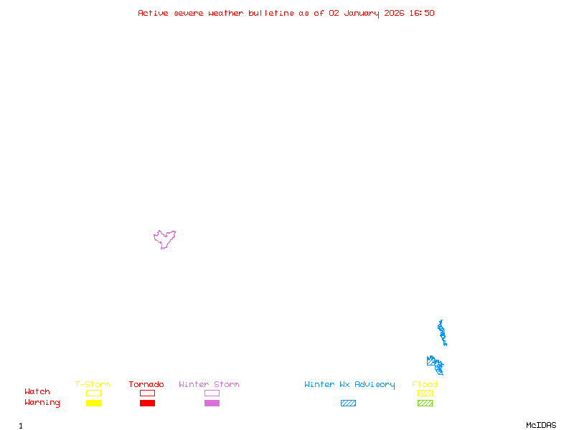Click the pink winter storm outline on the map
pos(164,239)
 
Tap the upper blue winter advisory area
pos(442,333)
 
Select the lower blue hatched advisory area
pos(435,365)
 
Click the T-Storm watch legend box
pos(93,393)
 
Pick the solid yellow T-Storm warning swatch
pos(93,403)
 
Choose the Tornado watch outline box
pos(147,393)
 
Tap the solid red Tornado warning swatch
pos(147,403)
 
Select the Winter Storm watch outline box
pos(212,393)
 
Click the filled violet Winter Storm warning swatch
pos(212,403)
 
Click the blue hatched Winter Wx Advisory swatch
pos(348,403)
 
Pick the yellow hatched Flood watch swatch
pos(425,393)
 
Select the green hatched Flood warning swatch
pos(425,403)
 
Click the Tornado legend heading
pos(146,384)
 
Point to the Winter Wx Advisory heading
pos(349,384)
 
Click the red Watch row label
pos(37,392)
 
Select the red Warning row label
pos(42,403)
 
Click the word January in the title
pos(362,13)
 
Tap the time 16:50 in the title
pos(422,13)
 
